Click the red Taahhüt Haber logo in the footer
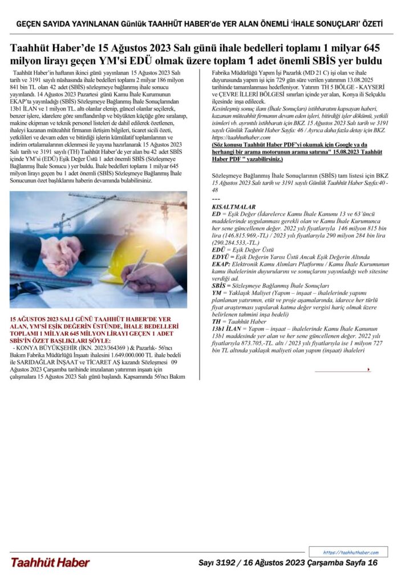tap(50, 562)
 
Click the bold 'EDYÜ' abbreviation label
tap(222, 257)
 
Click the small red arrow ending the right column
tap(369, 370)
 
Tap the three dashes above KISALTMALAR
tap(216, 198)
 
